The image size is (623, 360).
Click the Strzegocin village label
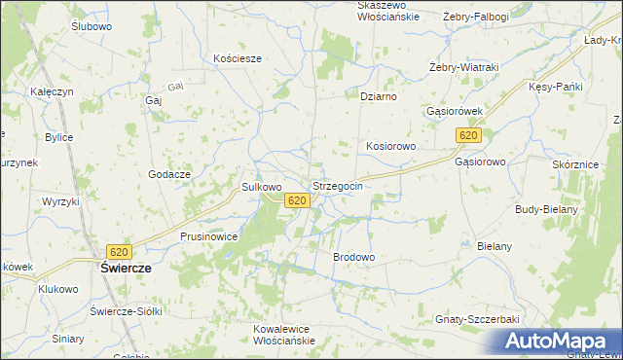(338, 185)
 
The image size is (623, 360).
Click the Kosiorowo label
(391, 146)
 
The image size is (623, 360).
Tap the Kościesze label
(238, 58)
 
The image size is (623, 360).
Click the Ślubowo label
(92, 26)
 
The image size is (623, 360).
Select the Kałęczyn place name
(52, 91)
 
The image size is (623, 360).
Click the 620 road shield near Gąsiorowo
(469, 136)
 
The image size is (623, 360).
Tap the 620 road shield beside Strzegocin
(298, 200)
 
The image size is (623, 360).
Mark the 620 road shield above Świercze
(120, 251)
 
